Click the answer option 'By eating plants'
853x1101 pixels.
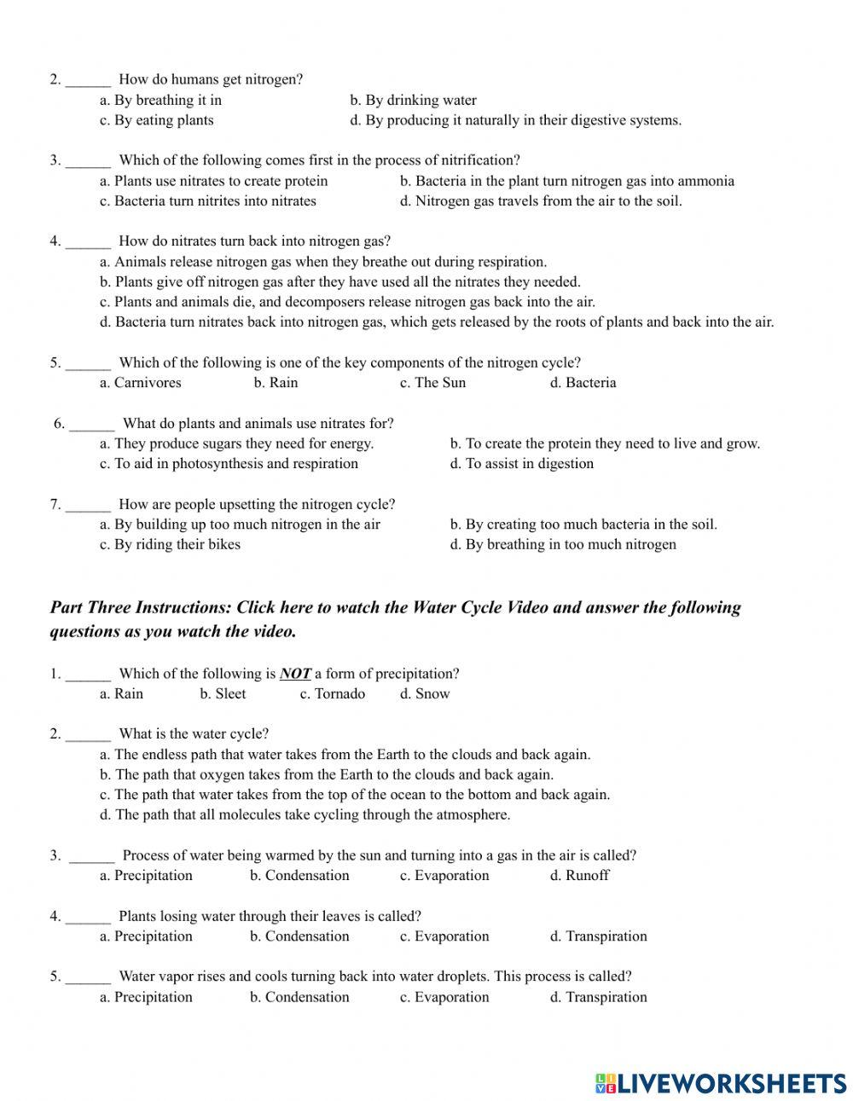tap(156, 120)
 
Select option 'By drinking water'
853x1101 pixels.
tap(414, 100)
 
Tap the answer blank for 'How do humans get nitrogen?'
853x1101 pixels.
tap(88, 80)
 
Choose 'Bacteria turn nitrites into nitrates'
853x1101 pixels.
tap(208, 201)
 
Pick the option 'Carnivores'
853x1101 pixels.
tap(141, 383)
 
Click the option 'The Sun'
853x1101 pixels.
tap(433, 383)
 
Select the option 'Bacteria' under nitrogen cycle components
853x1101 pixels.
tap(583, 383)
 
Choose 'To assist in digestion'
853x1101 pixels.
tap(522, 464)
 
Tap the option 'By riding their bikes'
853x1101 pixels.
tap(170, 545)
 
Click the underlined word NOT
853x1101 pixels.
tap(295, 674)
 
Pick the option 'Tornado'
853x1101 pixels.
tap(333, 694)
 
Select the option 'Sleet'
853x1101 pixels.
tap(223, 694)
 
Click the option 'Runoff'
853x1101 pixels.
tap(580, 876)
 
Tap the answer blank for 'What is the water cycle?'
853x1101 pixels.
tap(88, 734)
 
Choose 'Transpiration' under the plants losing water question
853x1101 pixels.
tap(599, 936)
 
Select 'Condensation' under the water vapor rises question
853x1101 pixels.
tap(299, 997)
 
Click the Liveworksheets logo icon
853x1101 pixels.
tap(606, 1083)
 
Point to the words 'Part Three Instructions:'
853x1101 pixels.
tap(141, 608)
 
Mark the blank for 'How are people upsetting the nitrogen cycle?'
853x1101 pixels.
tap(88, 505)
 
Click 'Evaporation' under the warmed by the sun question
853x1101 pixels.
tap(444, 876)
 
